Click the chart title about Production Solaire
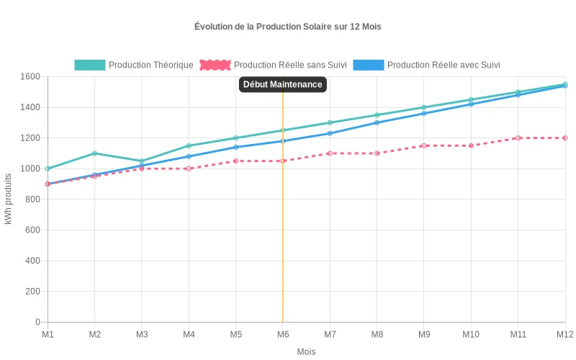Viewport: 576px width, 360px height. coord(287,27)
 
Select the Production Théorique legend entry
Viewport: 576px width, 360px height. coord(134,65)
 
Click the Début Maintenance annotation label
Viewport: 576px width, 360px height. coord(282,84)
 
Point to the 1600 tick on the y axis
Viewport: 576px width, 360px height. coord(30,76)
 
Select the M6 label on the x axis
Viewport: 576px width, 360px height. coord(283,335)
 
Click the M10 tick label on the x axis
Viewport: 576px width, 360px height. coord(471,335)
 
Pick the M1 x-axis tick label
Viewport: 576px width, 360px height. coord(48,335)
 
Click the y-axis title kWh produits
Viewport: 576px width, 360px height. coord(9,199)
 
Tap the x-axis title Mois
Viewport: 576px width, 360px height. coord(306,352)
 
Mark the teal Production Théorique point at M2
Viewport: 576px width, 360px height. coord(94,153)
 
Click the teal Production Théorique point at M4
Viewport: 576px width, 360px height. coord(189,145)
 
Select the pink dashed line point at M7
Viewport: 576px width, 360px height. coord(330,153)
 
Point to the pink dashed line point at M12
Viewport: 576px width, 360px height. coord(565,138)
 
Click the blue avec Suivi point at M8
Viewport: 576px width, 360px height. coord(377,122)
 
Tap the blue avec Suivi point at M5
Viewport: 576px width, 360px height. coord(235,147)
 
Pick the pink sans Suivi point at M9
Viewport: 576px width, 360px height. coord(424,145)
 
